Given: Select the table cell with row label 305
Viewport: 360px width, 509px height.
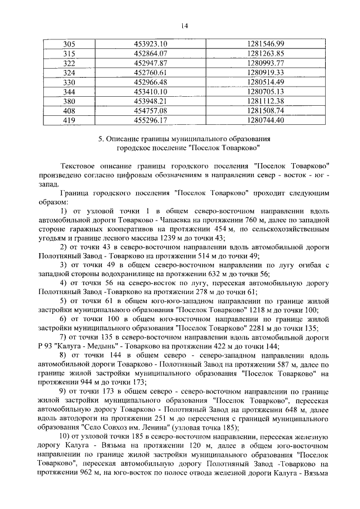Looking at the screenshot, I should pyautogui.click(x=69, y=44).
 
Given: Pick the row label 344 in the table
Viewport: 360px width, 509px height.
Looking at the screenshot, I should pyautogui.click(x=69, y=92).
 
